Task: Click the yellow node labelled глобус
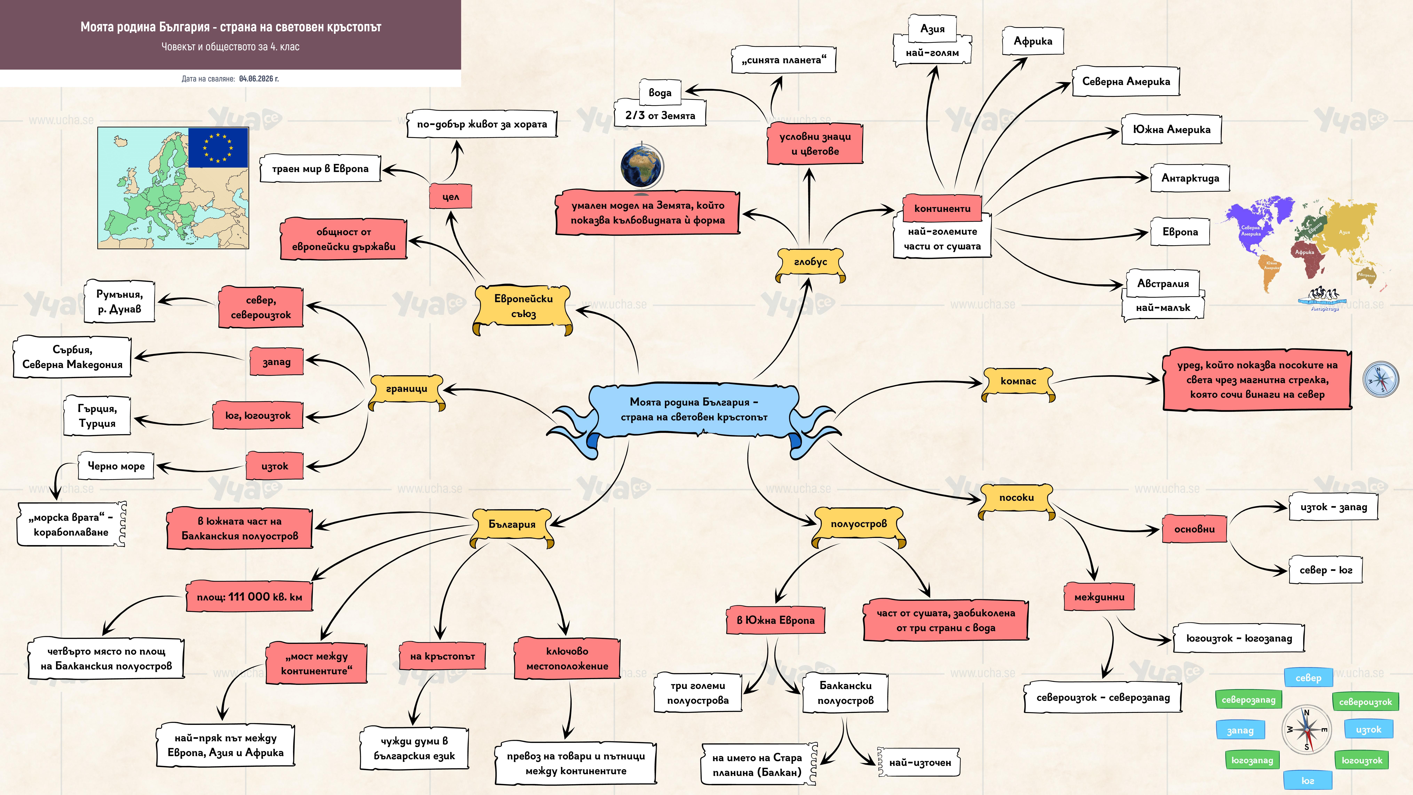810,263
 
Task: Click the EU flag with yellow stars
218,148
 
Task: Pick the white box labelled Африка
1033,41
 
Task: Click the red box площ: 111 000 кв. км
250,597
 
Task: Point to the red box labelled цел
450,196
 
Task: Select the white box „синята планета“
784,60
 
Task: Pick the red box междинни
1099,597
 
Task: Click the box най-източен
920,763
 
